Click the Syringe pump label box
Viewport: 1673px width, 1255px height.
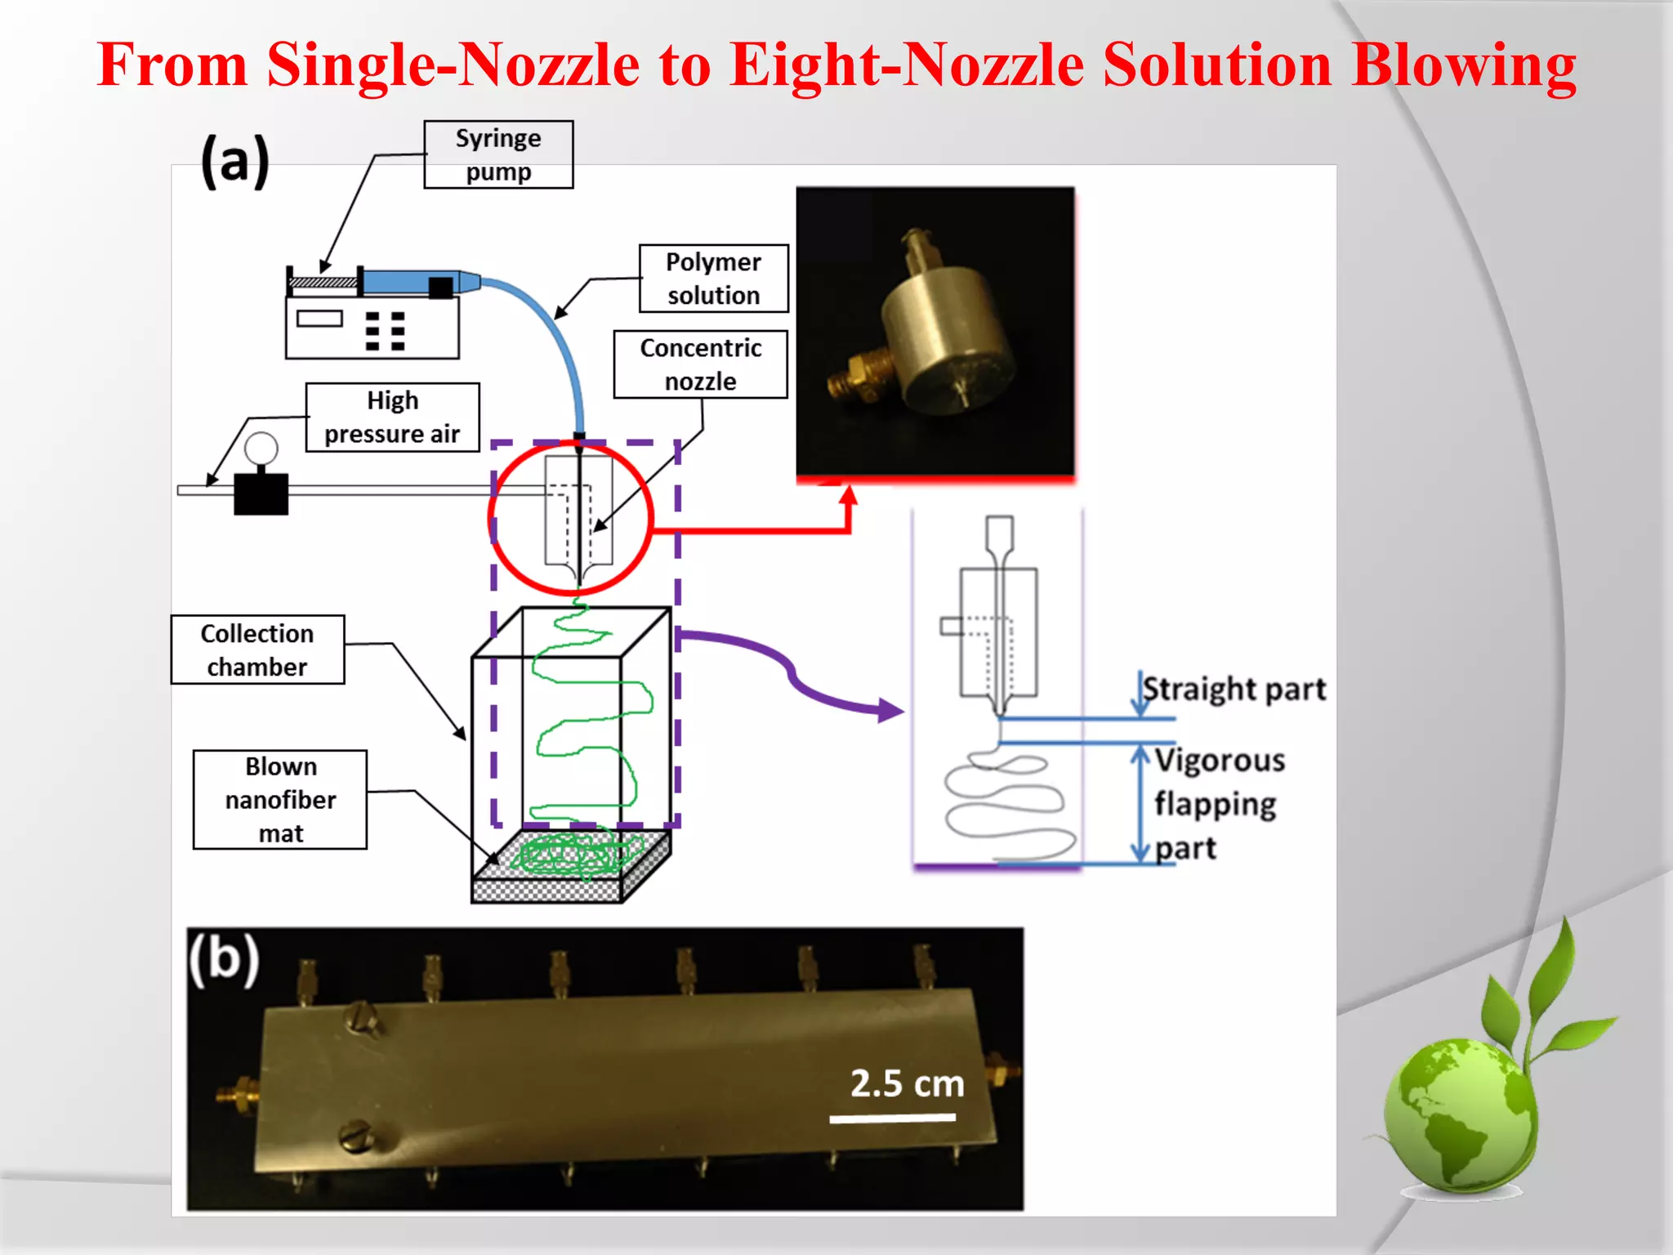pos(498,155)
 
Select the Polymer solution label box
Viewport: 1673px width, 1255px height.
pos(713,279)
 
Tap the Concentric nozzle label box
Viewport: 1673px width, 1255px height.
pos(700,364)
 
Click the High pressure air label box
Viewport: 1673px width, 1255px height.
pos(392,418)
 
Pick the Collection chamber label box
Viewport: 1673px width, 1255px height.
pos(257,650)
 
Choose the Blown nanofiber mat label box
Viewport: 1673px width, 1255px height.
pos(280,800)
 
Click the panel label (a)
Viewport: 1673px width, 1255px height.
pos(235,160)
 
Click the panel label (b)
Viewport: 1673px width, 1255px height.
pos(224,959)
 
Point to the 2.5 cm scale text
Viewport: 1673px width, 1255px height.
pos(907,1083)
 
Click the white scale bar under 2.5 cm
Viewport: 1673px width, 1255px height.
pos(892,1118)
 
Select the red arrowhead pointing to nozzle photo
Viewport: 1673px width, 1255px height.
pos(849,494)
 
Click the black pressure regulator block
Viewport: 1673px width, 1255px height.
pos(261,494)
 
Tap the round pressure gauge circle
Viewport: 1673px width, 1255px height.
pos(261,449)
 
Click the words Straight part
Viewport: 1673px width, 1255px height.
pos(1234,689)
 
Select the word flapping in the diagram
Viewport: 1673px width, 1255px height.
pos(1215,805)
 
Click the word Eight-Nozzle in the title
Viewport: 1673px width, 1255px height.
pos(907,65)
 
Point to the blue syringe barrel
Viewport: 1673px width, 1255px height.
pos(408,282)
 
